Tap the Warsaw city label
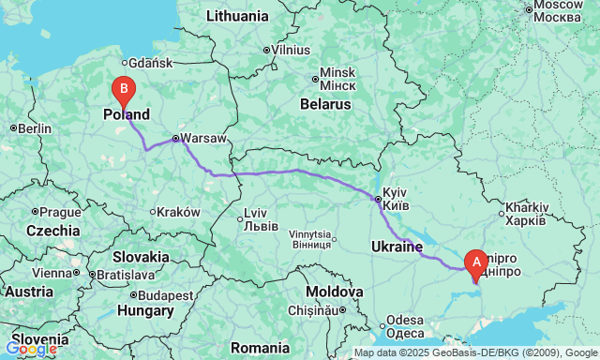(x=203, y=138)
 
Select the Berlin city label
(x=33, y=128)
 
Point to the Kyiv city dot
(x=378, y=199)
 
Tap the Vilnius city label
(x=292, y=50)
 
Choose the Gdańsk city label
(x=153, y=63)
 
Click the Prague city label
(x=61, y=212)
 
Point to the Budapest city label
(x=169, y=294)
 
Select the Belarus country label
(x=324, y=104)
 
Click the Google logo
(x=31, y=350)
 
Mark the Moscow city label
(x=560, y=11)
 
